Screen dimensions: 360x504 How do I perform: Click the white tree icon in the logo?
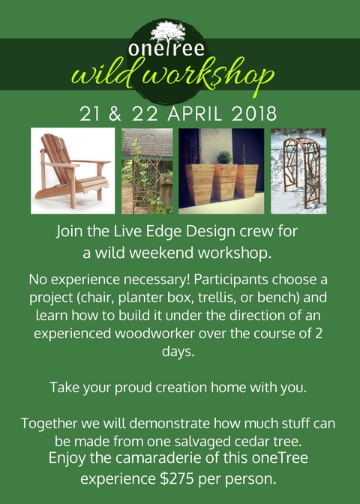pyautogui.click(x=168, y=31)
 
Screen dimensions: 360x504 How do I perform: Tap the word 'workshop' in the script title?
pyautogui.click(x=208, y=76)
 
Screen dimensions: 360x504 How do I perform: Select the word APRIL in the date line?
pyautogui.click(x=195, y=114)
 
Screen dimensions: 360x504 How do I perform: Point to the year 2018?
pyautogui.click(x=254, y=114)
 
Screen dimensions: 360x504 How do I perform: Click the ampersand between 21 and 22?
pyautogui.click(x=115, y=114)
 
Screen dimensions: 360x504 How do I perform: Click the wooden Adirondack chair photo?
pyautogui.click(x=73, y=171)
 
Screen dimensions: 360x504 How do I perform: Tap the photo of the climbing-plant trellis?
pyautogui.click(x=147, y=171)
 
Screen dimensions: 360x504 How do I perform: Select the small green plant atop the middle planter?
pyautogui.click(x=224, y=157)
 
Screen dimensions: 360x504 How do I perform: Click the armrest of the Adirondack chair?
pyautogui.click(x=61, y=164)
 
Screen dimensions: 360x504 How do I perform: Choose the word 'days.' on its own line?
pyautogui.click(x=178, y=351)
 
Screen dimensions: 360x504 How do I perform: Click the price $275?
pyautogui.click(x=177, y=478)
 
